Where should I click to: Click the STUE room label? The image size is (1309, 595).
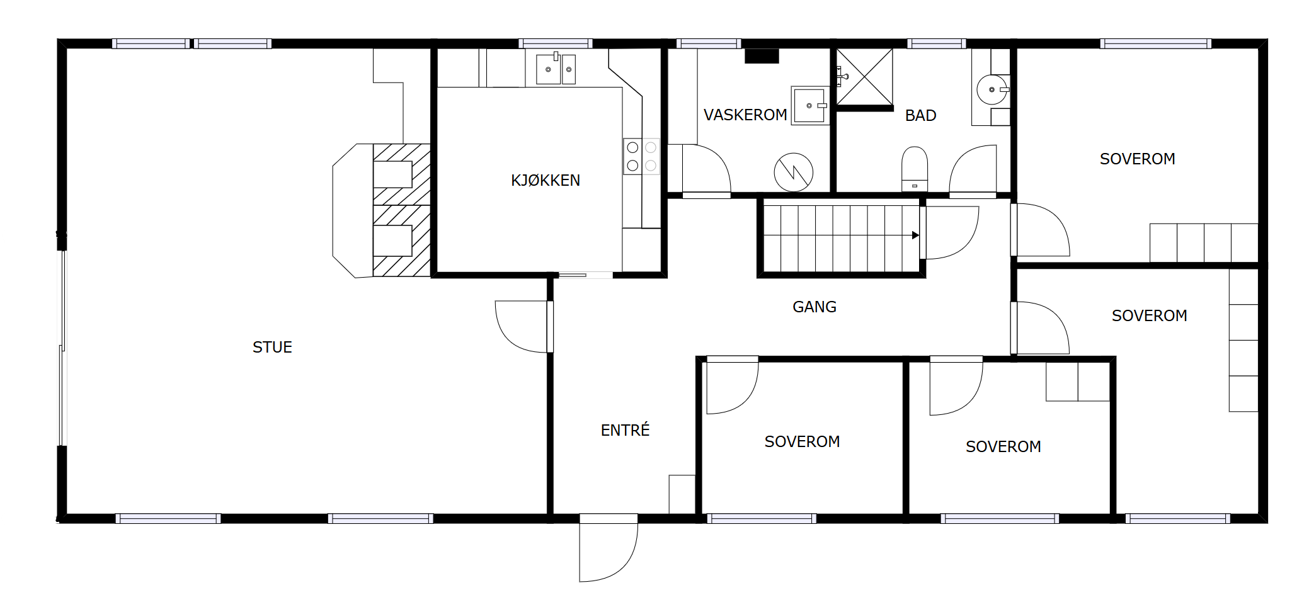272,347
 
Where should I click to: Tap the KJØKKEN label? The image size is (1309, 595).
546,180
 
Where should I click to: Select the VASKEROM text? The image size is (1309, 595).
745,115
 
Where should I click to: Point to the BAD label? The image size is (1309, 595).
920,115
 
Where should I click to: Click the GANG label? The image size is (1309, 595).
815,307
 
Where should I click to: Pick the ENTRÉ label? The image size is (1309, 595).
625,430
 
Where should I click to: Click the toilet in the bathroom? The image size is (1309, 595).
915,168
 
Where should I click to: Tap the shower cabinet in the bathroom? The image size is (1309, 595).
864,77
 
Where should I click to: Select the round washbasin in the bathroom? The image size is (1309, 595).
992,89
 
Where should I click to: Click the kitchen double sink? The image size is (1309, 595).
556,69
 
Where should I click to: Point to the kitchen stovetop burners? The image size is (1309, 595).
641,156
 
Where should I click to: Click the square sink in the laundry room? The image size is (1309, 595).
810,106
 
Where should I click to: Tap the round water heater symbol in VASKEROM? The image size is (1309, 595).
794,173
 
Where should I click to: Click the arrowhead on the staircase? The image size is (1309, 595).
915,235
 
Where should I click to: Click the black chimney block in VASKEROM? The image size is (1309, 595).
762,56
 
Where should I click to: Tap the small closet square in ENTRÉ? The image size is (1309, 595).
682,494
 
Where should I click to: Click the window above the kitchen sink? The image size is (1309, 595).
555,43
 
